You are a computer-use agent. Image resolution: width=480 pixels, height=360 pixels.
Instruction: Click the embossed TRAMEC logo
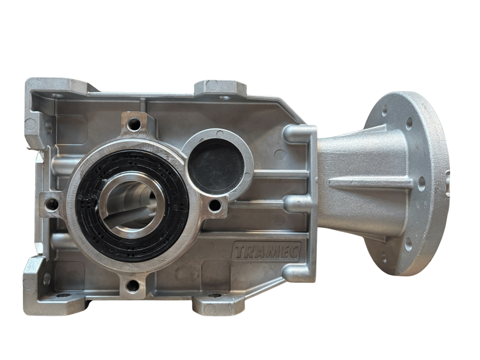pyautogui.click(x=266, y=252)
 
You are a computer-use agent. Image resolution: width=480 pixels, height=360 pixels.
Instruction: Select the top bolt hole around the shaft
pyautogui.click(x=134, y=124)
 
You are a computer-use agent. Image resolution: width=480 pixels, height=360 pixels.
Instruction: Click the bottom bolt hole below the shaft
pyautogui.click(x=133, y=286)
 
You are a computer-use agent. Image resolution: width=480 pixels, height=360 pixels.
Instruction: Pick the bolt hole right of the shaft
pyautogui.click(x=214, y=206)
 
